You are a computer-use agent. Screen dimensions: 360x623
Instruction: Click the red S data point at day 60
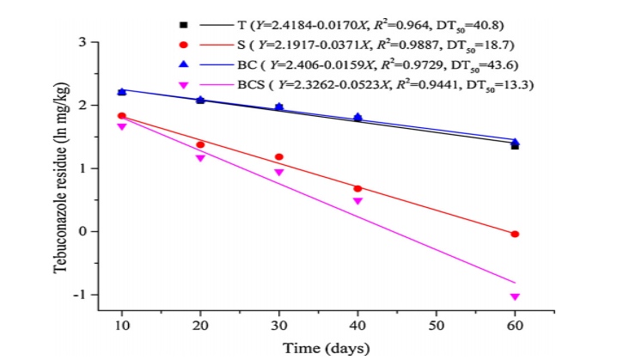point(515,234)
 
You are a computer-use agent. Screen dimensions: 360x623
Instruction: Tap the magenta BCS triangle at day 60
point(515,296)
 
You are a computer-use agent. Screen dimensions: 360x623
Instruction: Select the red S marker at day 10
point(122,115)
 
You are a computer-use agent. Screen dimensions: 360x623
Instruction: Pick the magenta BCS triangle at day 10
point(122,126)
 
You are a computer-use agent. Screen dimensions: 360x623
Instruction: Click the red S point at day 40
point(357,188)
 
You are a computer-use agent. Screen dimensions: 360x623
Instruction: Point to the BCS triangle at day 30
point(279,172)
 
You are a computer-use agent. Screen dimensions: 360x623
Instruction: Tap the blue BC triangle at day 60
point(515,142)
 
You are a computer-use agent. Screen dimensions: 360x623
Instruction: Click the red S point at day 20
point(200,144)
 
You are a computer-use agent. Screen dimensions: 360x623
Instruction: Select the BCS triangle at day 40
point(357,201)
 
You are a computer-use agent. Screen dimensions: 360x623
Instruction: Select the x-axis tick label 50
point(437,327)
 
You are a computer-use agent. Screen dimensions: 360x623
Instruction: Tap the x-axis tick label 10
point(122,327)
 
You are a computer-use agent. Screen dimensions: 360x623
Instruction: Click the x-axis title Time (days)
point(318,348)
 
